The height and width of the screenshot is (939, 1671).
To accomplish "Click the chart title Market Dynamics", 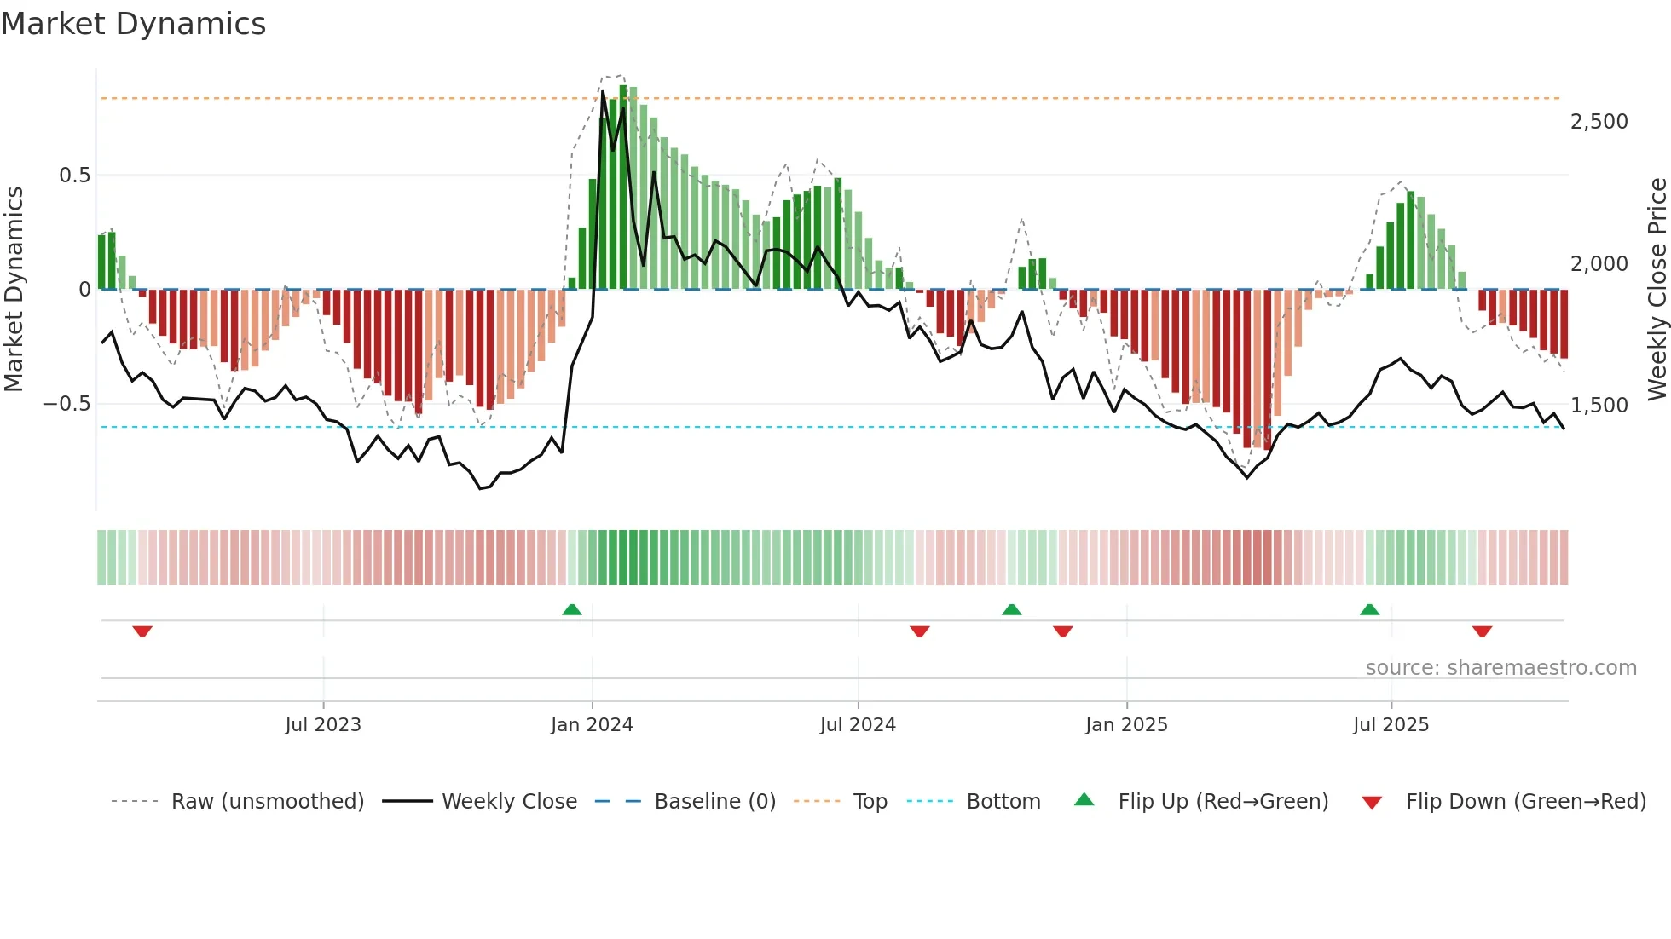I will [134, 24].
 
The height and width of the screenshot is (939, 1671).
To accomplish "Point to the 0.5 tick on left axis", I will [74, 176].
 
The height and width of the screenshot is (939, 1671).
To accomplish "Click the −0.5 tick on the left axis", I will [66, 404].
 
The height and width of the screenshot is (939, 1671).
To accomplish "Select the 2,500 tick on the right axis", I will [1599, 122].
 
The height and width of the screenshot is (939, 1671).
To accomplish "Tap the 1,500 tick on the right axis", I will [1599, 406].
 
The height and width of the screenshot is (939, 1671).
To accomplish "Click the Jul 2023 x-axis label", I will [323, 725].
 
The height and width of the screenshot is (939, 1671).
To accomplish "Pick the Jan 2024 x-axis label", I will [592, 725].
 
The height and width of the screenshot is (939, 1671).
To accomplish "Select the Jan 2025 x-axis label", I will [1126, 725].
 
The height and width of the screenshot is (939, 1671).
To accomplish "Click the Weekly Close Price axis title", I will [1657, 290].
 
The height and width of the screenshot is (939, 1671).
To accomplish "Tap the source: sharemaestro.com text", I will [1500, 668].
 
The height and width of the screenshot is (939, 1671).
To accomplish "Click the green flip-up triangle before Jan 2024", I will [572, 610].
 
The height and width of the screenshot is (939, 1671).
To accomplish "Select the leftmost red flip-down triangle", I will [142, 631].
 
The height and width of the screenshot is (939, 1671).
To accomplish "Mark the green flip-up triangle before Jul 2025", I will [1369, 610].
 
